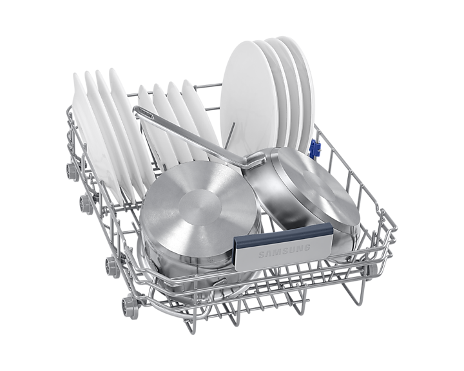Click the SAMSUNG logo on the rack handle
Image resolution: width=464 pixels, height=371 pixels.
point(284,251)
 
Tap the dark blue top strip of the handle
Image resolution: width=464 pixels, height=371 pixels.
point(284,233)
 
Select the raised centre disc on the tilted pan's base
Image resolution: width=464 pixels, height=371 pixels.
point(319,185)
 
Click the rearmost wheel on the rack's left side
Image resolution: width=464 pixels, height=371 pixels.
point(72,171)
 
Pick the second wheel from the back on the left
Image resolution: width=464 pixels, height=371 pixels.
point(86,204)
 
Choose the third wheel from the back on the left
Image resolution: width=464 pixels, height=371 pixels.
point(113,267)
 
